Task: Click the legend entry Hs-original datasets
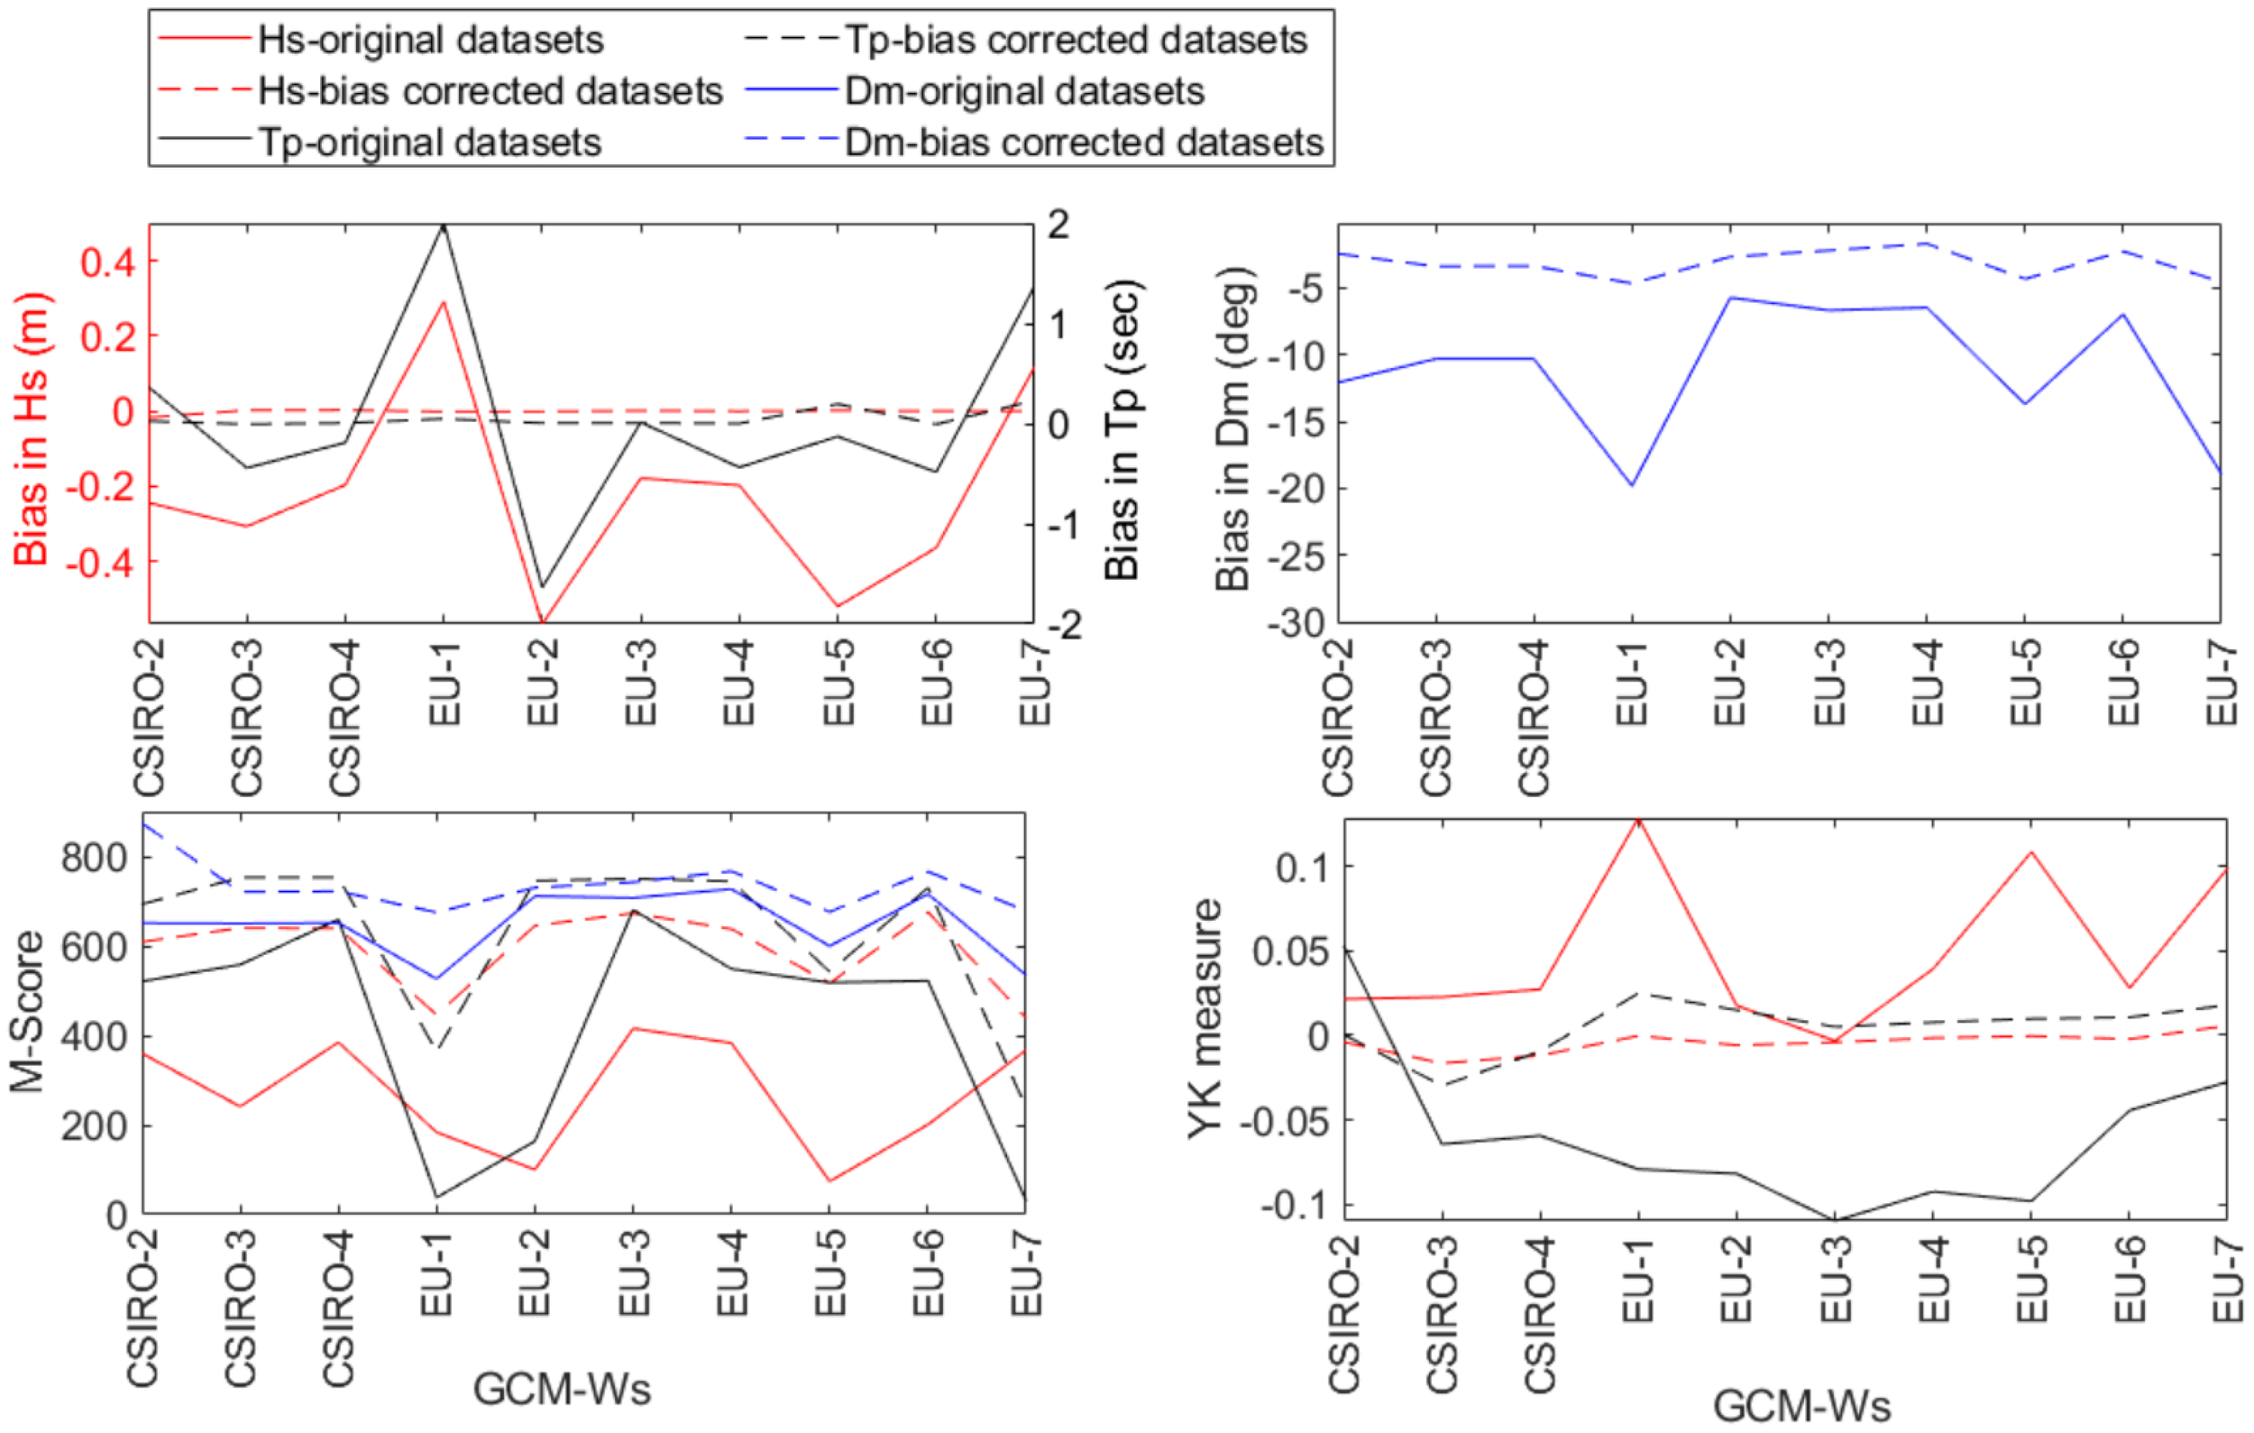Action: (431, 41)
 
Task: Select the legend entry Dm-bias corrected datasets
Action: (1083, 142)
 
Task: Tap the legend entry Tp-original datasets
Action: (430, 142)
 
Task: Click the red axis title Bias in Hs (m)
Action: (32, 428)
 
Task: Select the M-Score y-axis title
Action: (28, 1011)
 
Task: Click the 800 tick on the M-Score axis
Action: (94, 858)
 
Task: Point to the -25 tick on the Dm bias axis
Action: (1296, 557)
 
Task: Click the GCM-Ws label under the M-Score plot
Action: (562, 1389)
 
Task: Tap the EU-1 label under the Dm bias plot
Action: (1633, 684)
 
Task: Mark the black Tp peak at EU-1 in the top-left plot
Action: (444, 225)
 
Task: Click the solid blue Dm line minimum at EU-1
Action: (1633, 485)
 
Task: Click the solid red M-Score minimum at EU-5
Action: (829, 1180)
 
